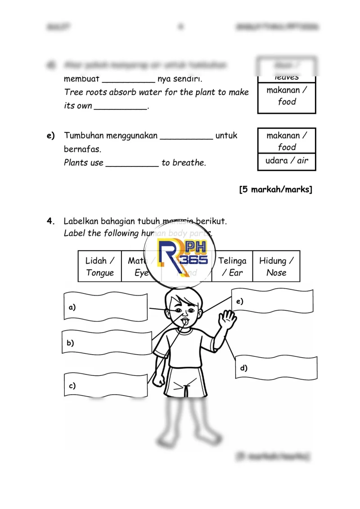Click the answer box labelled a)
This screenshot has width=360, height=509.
click(x=106, y=307)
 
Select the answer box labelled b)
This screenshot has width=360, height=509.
click(x=107, y=342)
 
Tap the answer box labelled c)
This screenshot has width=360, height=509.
click(x=106, y=385)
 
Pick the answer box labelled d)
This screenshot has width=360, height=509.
click(x=276, y=368)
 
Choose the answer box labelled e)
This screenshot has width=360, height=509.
click(x=273, y=302)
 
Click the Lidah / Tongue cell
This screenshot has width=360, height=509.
click(x=100, y=266)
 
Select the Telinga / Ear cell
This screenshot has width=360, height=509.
click(x=232, y=266)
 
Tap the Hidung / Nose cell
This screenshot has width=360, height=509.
click(x=276, y=266)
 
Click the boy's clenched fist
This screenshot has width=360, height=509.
click(x=159, y=380)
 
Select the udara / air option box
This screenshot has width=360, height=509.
click(x=287, y=161)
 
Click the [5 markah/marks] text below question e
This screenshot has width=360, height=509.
click(x=276, y=189)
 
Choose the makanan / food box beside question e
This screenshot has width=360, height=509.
click(x=287, y=141)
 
